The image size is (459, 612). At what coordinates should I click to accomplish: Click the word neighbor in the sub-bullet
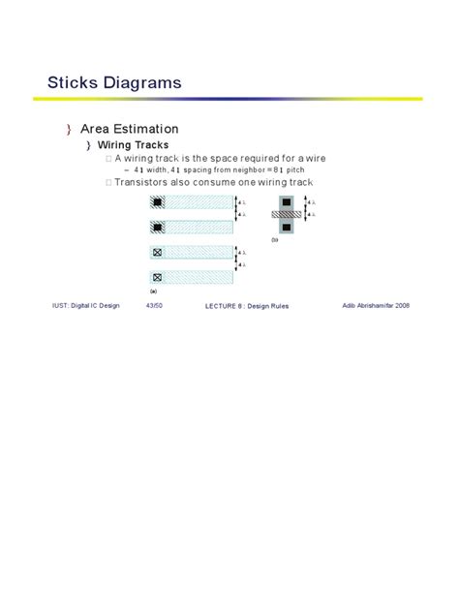pos(235,169)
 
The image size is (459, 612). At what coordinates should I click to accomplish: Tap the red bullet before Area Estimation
pos(69,129)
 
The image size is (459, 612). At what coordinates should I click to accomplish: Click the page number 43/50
pos(154,305)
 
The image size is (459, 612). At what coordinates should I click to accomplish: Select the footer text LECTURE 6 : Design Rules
pos(247,306)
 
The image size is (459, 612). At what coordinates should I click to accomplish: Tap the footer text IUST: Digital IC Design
pos(85,305)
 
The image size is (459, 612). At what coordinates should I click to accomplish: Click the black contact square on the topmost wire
pos(156,202)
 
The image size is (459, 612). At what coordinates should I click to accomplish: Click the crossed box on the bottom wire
pos(156,277)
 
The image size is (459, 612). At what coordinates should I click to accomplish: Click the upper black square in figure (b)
pos(286,203)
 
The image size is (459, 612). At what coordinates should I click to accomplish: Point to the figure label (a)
pos(153,290)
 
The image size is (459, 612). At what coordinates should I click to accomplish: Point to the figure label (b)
pos(275,239)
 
